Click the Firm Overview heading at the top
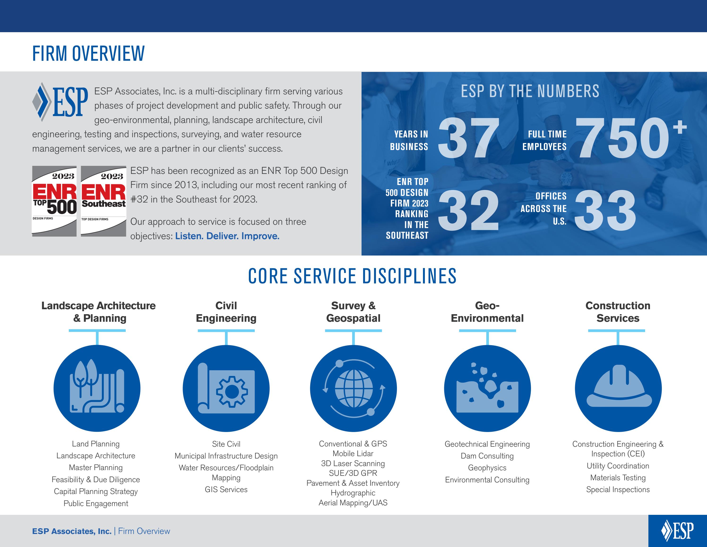tap(88, 53)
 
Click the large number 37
tap(468, 138)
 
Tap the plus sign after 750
tap(680, 127)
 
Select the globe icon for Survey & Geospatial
tap(353, 388)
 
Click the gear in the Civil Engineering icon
tap(232, 392)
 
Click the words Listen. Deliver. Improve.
tap(227, 236)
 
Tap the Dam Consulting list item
tap(487, 456)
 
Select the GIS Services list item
tap(226, 489)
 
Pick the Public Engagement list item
tap(96, 503)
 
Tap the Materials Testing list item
tap(618, 478)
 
